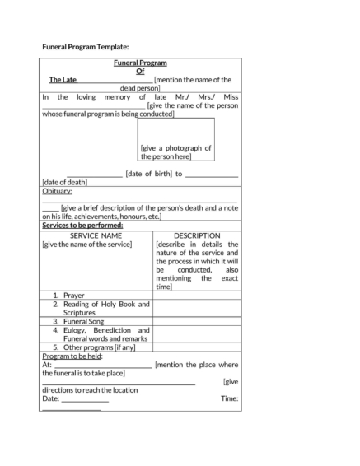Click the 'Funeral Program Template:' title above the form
pyautogui.click(x=85, y=47)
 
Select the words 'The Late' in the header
pyautogui.click(x=63, y=80)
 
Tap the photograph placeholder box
pyautogui.click(x=176, y=139)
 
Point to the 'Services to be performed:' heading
pyautogui.click(x=82, y=225)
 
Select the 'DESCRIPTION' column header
pyautogui.click(x=197, y=235)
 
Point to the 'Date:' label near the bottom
pyautogui.click(x=50, y=398)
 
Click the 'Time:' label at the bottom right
pyautogui.click(x=230, y=398)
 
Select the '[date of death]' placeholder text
pyautogui.click(x=64, y=182)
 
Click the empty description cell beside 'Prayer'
pyautogui.click(x=197, y=295)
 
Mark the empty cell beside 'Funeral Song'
pyautogui.click(x=197, y=321)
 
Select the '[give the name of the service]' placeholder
pyautogui.click(x=86, y=245)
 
